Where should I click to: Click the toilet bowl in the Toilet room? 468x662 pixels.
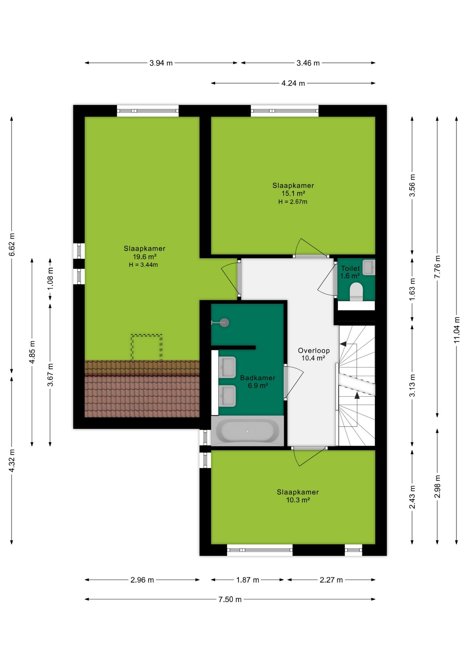(356, 292)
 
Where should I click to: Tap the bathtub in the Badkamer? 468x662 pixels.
(247, 431)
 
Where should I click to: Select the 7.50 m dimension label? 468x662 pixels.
(230, 599)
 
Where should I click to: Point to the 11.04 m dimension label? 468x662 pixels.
(457, 330)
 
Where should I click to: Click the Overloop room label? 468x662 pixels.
(314, 350)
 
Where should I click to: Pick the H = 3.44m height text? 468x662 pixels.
(143, 265)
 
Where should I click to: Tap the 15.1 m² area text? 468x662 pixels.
(293, 193)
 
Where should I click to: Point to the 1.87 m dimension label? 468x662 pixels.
(247, 580)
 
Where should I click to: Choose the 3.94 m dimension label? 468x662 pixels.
(161, 63)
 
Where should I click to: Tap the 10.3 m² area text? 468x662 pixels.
(298, 500)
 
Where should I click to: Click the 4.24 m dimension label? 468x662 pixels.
(293, 83)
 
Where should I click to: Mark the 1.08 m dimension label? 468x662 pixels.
(50, 278)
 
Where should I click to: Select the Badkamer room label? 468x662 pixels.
(258, 378)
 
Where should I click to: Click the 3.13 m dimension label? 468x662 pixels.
(412, 385)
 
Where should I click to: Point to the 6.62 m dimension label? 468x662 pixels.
(12, 244)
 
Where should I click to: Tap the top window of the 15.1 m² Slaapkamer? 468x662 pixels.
(285, 111)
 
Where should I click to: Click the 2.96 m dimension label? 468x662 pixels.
(142, 580)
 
